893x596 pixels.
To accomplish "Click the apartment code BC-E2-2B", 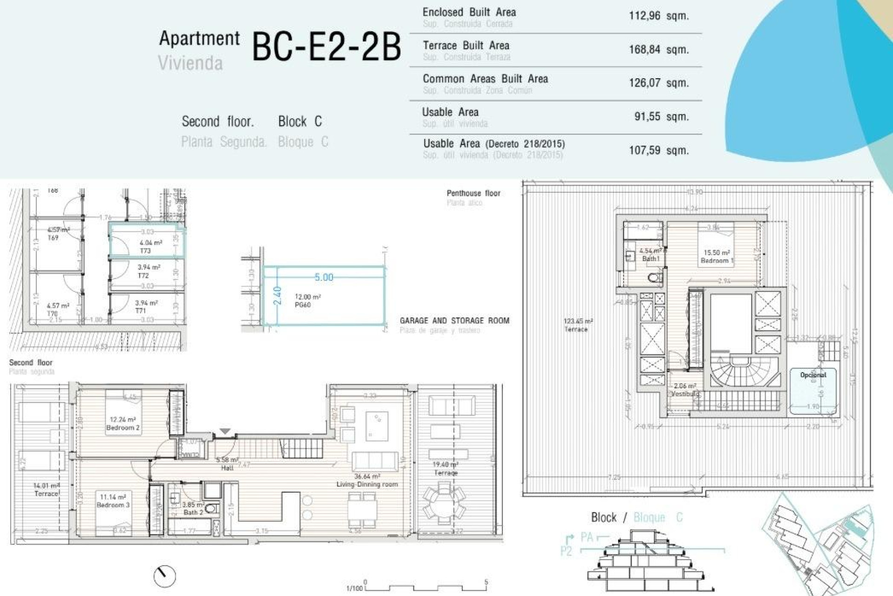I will (x=326, y=47).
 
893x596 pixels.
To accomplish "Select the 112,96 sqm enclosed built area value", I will (x=658, y=16).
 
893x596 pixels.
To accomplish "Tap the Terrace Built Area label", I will (x=466, y=46).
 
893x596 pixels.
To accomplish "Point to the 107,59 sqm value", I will (x=658, y=150).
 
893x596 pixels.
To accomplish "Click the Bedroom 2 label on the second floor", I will (x=123, y=427).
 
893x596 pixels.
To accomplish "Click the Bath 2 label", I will (x=193, y=512).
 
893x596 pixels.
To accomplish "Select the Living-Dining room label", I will (x=367, y=484).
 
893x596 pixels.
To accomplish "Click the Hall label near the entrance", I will (x=227, y=468).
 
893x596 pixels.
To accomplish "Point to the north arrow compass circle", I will (x=165, y=576).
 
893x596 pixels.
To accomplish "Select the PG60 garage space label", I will (x=303, y=305).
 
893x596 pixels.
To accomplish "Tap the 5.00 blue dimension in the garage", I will (x=324, y=278).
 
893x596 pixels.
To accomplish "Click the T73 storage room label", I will (x=146, y=251).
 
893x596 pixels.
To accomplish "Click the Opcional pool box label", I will (x=813, y=375).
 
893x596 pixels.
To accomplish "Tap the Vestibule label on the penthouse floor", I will (x=685, y=394).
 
